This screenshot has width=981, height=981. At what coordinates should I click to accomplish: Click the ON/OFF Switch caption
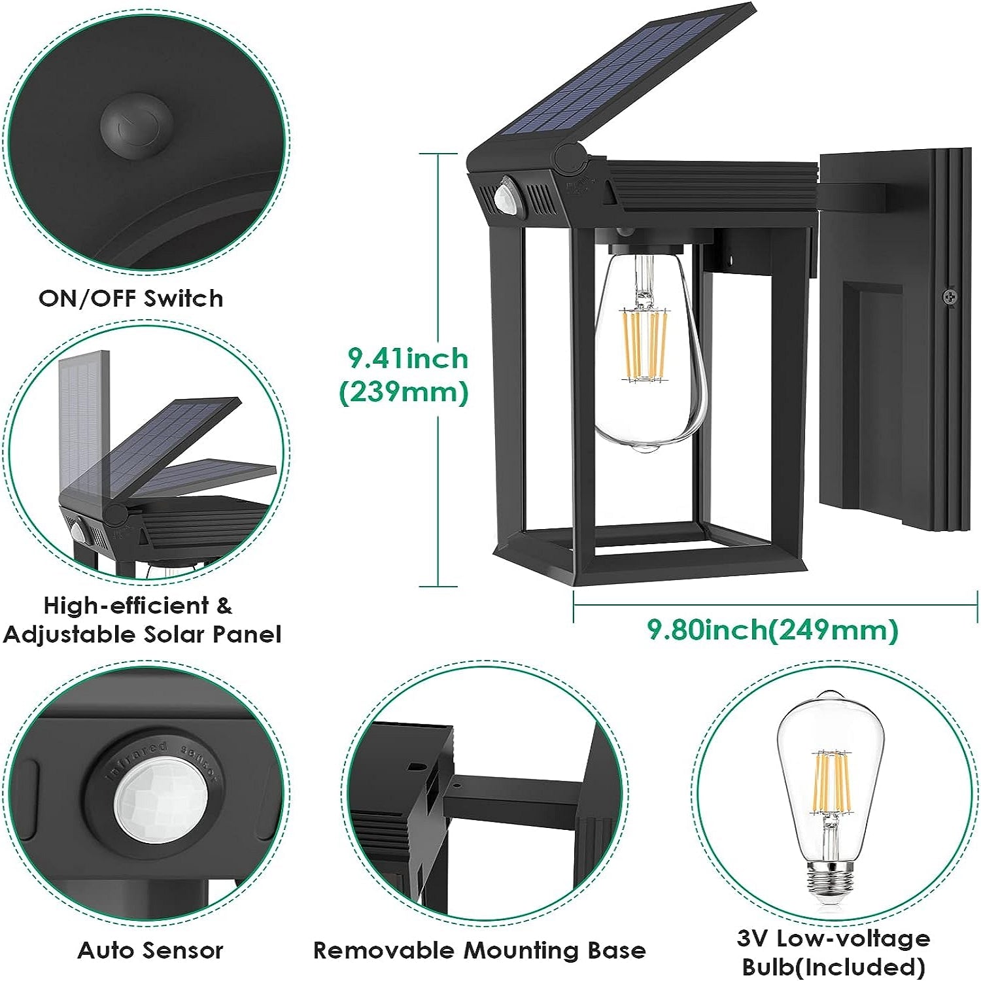(131, 298)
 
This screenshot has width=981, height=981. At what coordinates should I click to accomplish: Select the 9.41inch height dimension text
(407, 358)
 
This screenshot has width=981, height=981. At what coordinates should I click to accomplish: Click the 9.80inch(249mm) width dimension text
(772, 629)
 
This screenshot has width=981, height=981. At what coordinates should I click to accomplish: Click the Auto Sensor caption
(150, 950)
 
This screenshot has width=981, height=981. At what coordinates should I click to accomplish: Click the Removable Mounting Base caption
(479, 950)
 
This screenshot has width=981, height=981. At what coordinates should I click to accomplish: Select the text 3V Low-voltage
(833, 938)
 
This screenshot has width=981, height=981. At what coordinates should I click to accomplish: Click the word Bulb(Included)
(833, 966)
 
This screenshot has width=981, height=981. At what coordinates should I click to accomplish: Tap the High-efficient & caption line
(137, 606)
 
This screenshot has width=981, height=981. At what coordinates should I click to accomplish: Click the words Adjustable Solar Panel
(142, 634)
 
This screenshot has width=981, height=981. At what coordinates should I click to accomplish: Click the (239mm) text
(404, 392)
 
